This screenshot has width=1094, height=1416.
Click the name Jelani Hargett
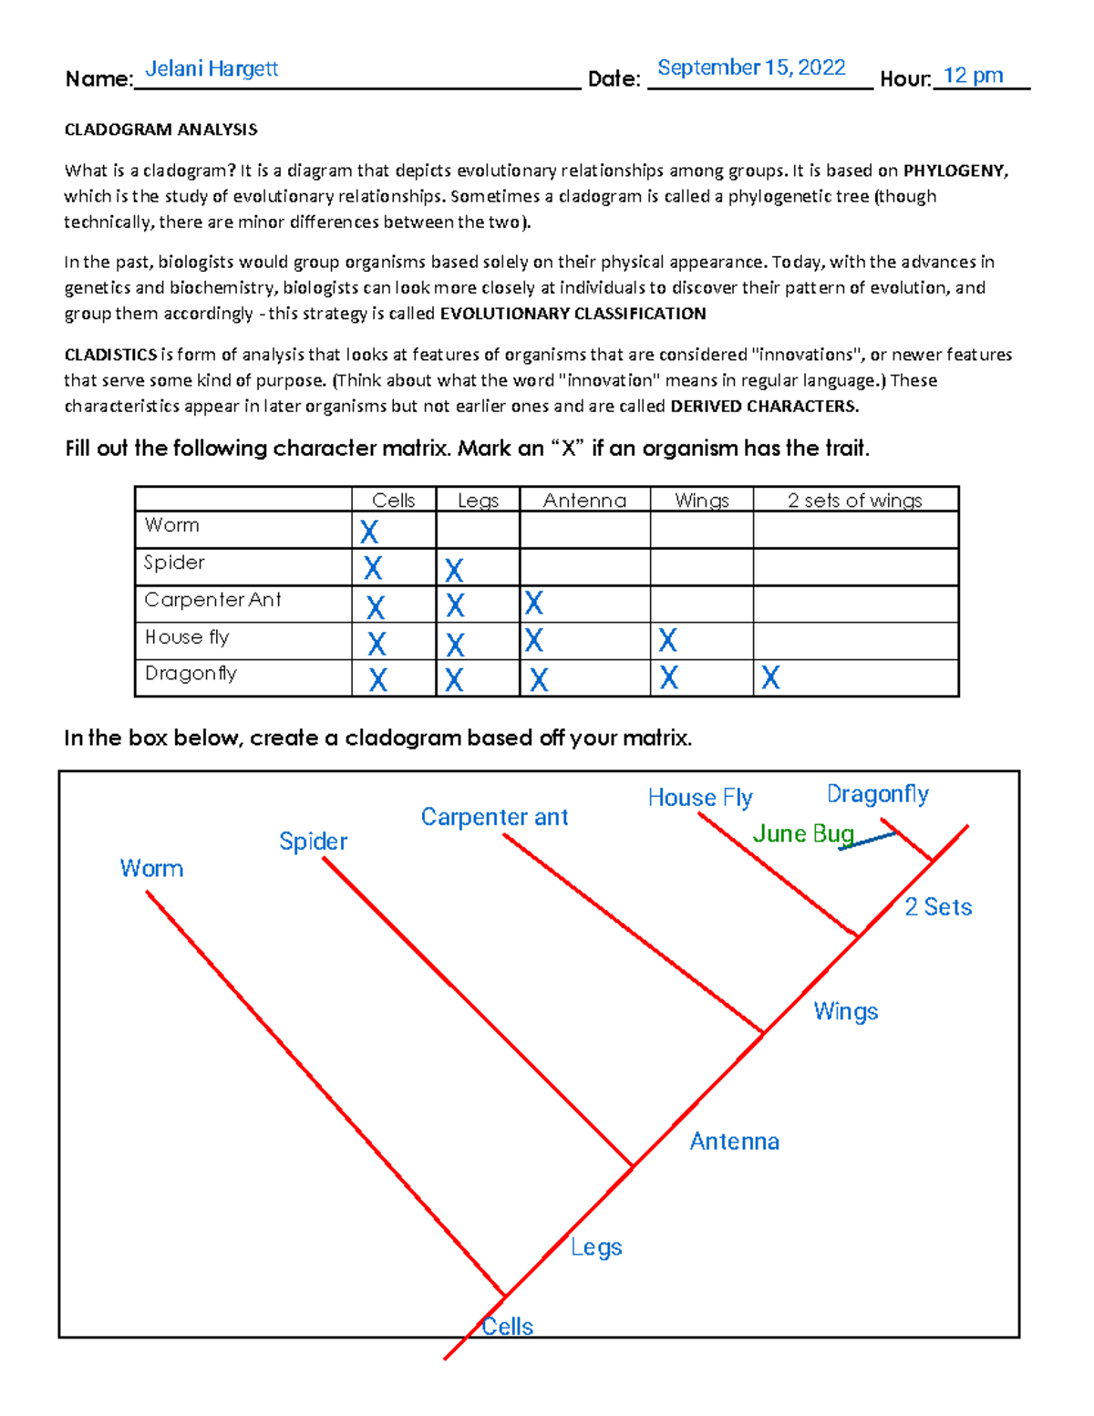pos(212,69)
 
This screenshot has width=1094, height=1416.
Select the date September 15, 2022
pos(751,68)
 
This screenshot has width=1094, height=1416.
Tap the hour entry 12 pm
pos(973,76)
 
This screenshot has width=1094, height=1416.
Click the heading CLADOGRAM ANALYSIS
pos(160,129)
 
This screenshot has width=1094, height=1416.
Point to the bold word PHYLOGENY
pos(955,171)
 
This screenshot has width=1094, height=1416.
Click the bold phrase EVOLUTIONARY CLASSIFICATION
pos(573,314)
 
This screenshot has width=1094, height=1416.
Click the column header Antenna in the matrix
pos(584,501)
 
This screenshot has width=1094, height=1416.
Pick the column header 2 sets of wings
pos(854,501)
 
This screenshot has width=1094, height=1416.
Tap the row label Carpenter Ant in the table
pos(212,600)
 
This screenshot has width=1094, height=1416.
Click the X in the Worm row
pos(369,532)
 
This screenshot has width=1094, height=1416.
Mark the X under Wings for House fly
pos(667,640)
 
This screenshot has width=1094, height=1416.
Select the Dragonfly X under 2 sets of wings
pos(770,677)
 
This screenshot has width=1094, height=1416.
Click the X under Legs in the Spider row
pos(454,570)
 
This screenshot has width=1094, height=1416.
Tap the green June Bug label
pos(802,833)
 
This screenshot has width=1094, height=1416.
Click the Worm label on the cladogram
pos(151,869)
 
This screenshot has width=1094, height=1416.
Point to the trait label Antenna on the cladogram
pos(734,1142)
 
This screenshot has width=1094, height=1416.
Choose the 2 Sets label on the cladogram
pos(938,907)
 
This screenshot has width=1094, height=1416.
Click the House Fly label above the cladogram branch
pos(700,798)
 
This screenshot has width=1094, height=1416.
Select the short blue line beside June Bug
pos(867,840)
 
